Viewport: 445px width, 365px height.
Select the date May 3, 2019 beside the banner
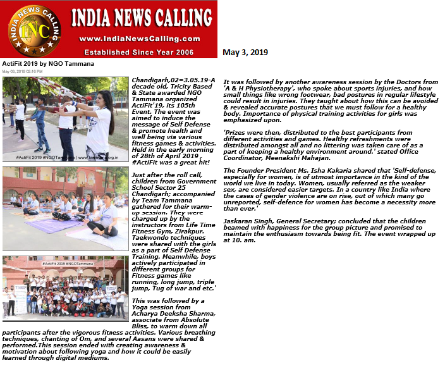[245, 53]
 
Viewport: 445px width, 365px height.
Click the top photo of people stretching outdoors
[66, 120]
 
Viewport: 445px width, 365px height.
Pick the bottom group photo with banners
[66, 286]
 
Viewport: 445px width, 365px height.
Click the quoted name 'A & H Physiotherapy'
[258, 89]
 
